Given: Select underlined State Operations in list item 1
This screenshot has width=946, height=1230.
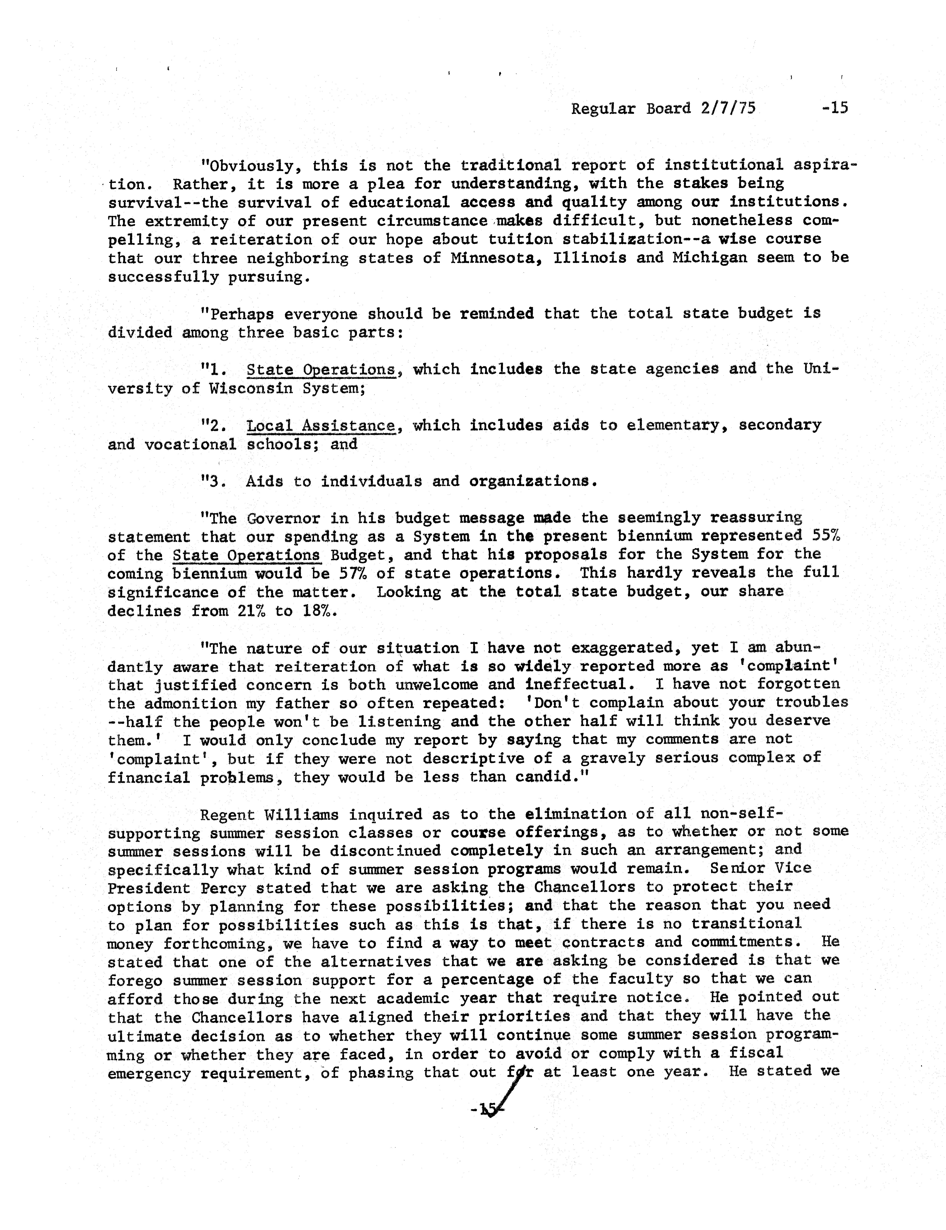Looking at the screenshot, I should tap(321, 370).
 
